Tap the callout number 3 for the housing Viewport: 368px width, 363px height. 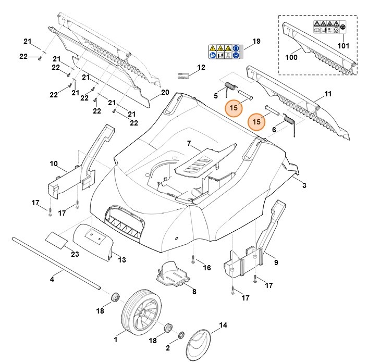304,185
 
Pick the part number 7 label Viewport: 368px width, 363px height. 189,143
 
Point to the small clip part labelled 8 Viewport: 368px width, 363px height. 173,274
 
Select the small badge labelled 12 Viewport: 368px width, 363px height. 182,76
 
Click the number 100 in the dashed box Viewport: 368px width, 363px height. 292,57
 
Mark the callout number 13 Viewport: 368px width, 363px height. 122,259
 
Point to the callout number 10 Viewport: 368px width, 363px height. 54,164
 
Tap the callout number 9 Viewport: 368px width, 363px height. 276,262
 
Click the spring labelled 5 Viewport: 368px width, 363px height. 230,86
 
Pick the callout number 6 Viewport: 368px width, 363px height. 274,129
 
